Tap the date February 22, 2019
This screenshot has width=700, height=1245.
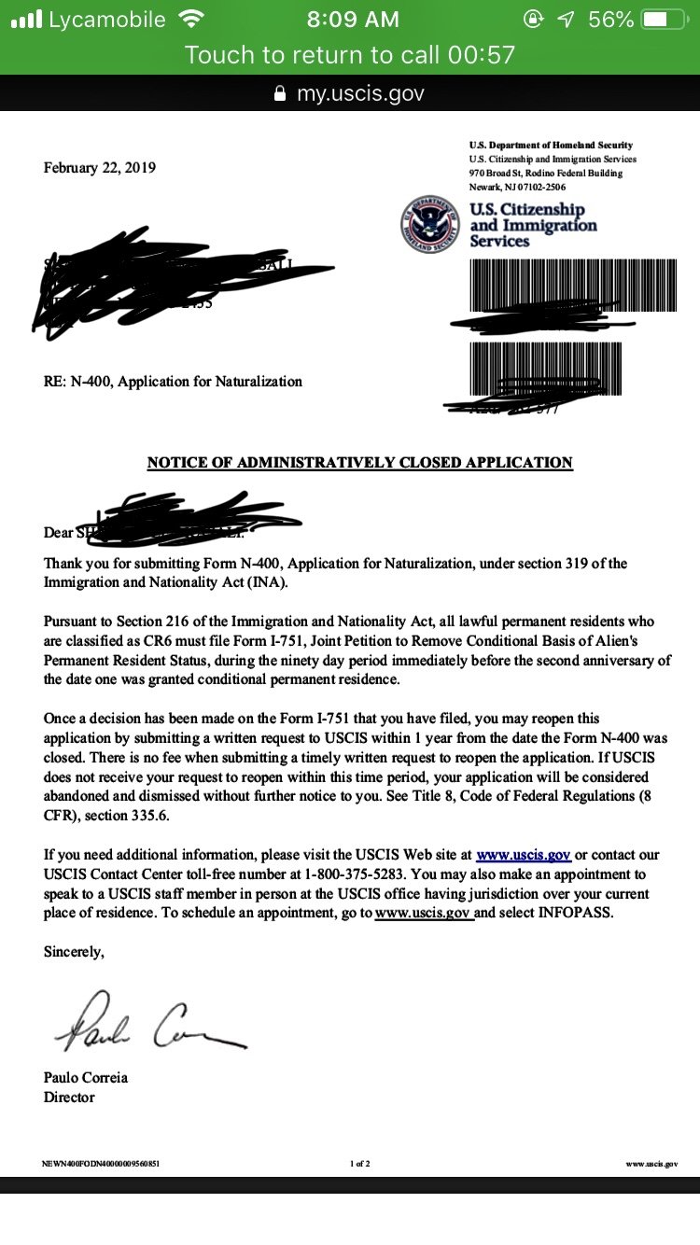(x=100, y=168)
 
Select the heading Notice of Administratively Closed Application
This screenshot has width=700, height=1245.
(x=359, y=462)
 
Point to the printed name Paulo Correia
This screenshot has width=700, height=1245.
(x=86, y=1077)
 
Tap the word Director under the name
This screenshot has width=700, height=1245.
(x=69, y=1098)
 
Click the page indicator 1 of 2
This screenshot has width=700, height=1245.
(x=360, y=1164)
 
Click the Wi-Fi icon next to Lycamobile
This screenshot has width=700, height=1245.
(x=190, y=20)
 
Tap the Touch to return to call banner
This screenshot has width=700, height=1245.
(x=350, y=55)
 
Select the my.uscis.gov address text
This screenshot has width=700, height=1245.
(x=360, y=93)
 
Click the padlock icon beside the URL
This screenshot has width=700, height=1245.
(x=279, y=93)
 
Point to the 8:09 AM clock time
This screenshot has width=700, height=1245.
(x=352, y=20)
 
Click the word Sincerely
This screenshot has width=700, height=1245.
(x=75, y=953)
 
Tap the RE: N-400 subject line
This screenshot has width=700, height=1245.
(x=173, y=381)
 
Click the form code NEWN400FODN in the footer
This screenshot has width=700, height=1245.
(x=101, y=1164)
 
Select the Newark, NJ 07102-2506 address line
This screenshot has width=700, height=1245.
(x=516, y=187)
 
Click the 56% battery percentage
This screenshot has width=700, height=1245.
(x=611, y=20)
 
